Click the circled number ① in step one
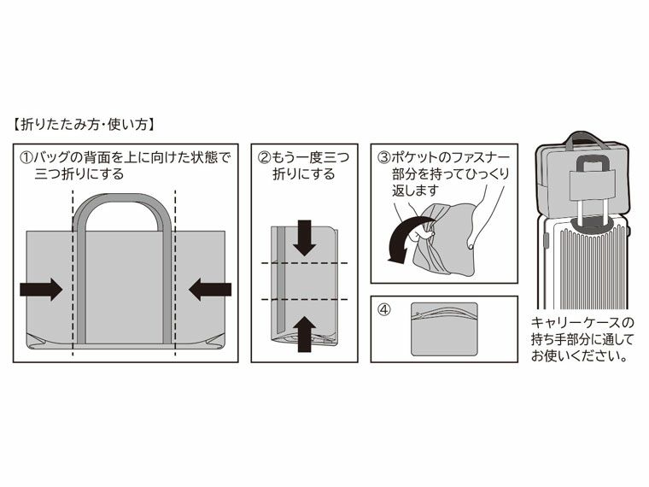(x=26, y=158)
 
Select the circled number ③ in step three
(x=384, y=158)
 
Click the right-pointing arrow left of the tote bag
(x=40, y=290)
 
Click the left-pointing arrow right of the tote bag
(x=210, y=290)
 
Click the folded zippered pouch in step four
(x=444, y=329)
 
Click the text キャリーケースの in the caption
(x=583, y=323)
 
